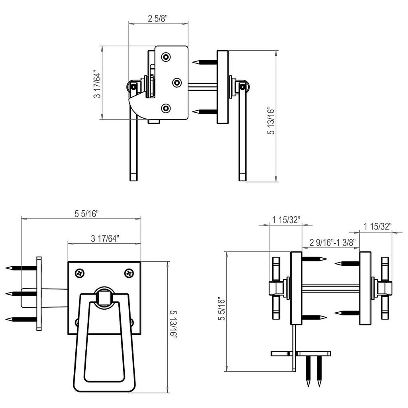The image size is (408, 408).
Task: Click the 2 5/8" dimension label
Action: pos(158,18)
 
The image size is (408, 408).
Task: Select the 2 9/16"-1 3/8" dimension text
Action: pos(332,243)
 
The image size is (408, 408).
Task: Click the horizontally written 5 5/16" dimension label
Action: pos(86,214)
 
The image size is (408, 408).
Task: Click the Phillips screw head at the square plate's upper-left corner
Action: pos(80,273)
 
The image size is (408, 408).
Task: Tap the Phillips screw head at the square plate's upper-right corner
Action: pos(129,273)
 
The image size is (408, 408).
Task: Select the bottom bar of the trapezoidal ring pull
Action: pos(104,386)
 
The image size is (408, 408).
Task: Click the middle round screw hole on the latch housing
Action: pos(177,82)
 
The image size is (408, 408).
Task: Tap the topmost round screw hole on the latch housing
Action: pos(166,57)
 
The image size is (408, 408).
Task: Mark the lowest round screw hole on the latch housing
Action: pos(166,108)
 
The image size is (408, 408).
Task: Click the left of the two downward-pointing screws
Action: pos(308,371)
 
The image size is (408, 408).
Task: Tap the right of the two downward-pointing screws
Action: pos(319,371)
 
